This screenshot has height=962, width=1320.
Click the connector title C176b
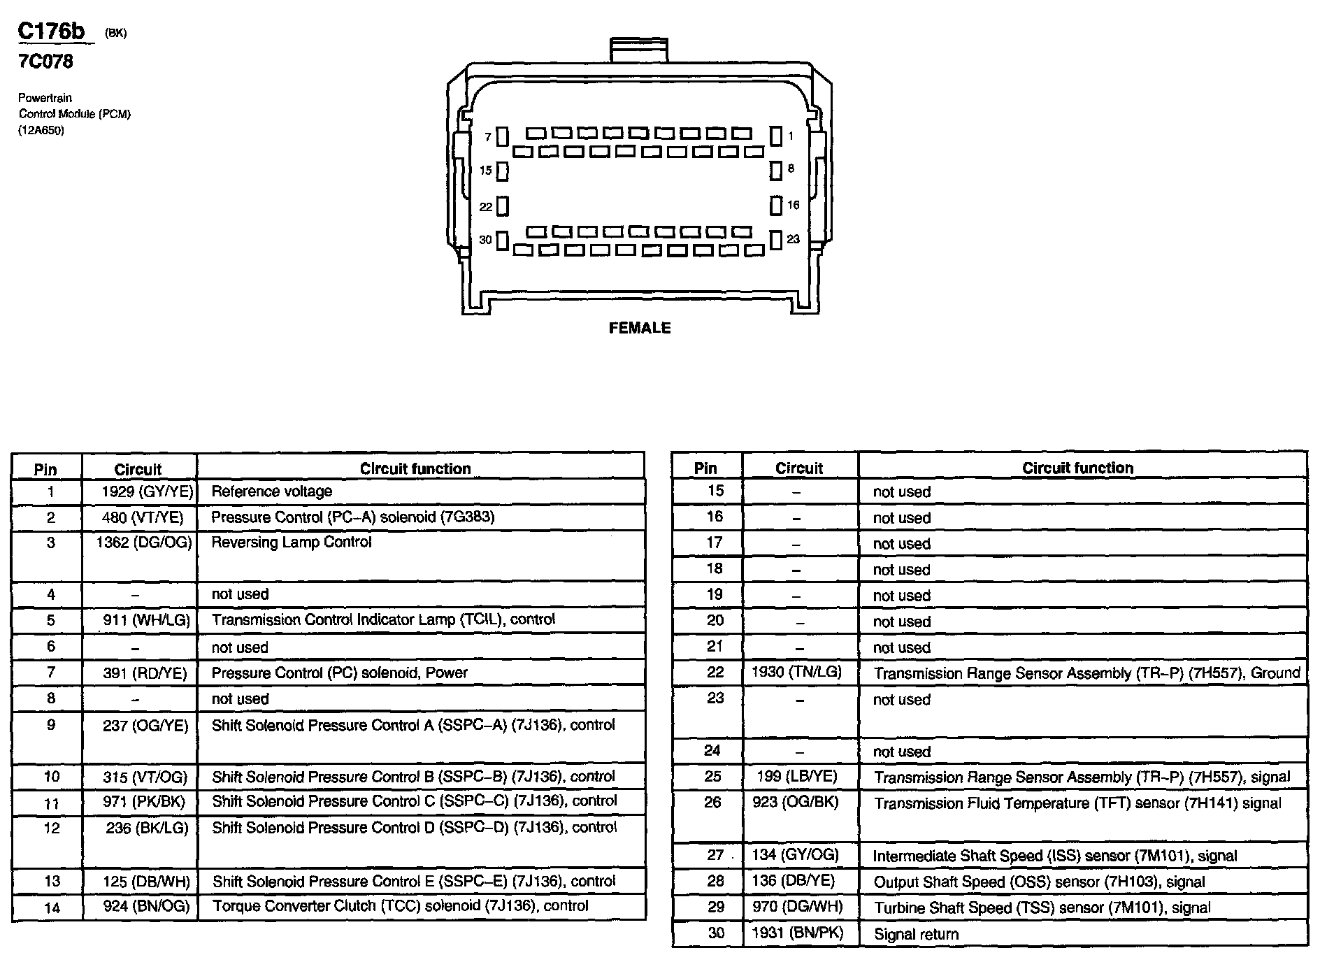point(52,31)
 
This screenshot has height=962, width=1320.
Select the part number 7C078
point(45,62)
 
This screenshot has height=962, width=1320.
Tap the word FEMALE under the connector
point(640,328)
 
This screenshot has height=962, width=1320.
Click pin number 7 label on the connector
point(487,137)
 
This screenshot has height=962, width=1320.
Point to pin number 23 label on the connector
point(793,239)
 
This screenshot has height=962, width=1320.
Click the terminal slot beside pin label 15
point(502,171)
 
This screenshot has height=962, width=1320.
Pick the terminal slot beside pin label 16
point(775,206)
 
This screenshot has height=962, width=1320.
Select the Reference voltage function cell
point(272,491)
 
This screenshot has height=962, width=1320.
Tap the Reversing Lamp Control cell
point(292,543)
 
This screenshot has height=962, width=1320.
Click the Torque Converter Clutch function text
point(400,906)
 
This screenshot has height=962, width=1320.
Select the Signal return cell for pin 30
point(916,934)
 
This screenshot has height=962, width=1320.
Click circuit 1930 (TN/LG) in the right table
point(796,673)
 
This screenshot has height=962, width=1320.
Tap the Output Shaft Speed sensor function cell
point(1039,882)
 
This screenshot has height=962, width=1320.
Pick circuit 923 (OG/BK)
point(795,803)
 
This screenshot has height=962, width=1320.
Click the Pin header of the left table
point(45,469)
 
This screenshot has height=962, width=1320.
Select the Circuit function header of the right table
point(1077,468)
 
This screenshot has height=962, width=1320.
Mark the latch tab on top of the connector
point(639,50)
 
